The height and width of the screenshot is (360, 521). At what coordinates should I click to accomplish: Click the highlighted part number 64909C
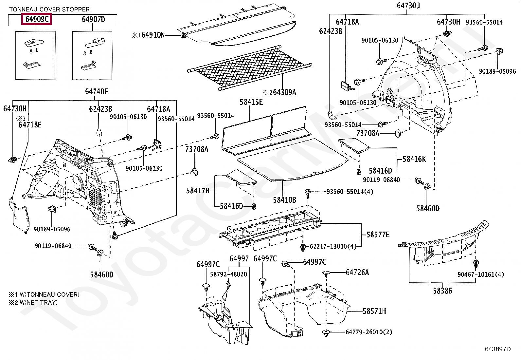coord(37,20)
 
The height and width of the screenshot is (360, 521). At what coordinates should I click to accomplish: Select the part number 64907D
coord(93,20)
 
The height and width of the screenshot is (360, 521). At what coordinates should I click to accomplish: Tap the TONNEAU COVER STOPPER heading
coord(49,9)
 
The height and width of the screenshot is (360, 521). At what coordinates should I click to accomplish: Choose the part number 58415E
coord(251,102)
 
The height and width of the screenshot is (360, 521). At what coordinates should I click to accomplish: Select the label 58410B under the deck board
coord(284,199)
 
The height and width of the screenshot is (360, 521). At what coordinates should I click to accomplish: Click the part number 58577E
coord(378,235)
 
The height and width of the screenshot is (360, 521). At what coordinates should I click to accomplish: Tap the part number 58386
coord(442,291)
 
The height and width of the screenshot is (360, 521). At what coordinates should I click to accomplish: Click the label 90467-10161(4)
coord(481,275)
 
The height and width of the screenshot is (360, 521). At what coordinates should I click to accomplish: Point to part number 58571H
coord(374,311)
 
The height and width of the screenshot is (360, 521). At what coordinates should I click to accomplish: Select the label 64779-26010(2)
coord(369,332)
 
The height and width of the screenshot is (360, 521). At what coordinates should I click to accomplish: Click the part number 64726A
coord(357,272)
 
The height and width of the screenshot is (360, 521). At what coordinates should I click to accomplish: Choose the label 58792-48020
coord(228,274)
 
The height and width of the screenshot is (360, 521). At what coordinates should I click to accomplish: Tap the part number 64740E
coord(97,91)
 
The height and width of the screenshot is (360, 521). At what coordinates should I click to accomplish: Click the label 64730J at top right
coord(408,6)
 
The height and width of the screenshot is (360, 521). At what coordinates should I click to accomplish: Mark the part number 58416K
coord(414,159)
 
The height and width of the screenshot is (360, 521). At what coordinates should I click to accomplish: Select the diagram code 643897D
coord(497,349)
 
